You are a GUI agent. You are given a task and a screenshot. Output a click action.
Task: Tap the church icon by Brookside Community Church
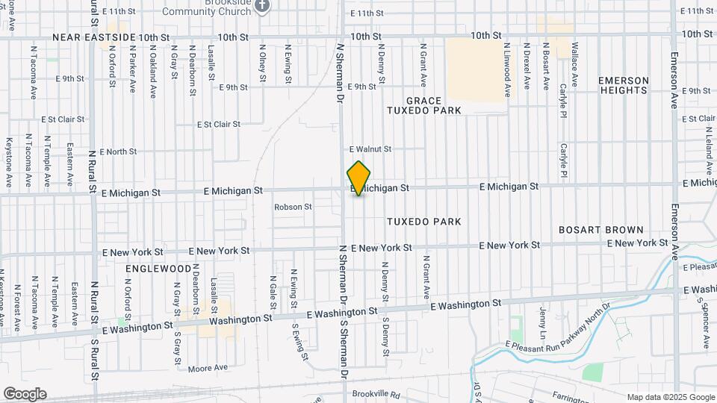coord(261,6)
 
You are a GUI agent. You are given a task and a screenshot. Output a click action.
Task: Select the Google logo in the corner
coord(25,394)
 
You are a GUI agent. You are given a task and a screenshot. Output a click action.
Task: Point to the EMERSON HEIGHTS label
coord(623,85)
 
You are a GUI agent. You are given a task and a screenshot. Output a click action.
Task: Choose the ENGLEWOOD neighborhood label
coord(158,268)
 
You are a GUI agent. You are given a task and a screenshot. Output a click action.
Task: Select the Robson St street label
coord(293,207)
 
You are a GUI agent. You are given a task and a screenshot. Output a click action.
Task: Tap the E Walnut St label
coord(370,149)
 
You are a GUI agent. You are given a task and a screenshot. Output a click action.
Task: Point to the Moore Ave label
coord(208,368)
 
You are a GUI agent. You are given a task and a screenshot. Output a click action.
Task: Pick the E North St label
coord(112,151)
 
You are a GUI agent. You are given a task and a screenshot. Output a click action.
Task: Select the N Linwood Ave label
coord(507,70)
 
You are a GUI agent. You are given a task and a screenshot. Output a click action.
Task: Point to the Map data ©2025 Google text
coord(671,397)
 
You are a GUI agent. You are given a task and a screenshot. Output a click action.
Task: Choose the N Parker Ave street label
coord(132,66)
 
